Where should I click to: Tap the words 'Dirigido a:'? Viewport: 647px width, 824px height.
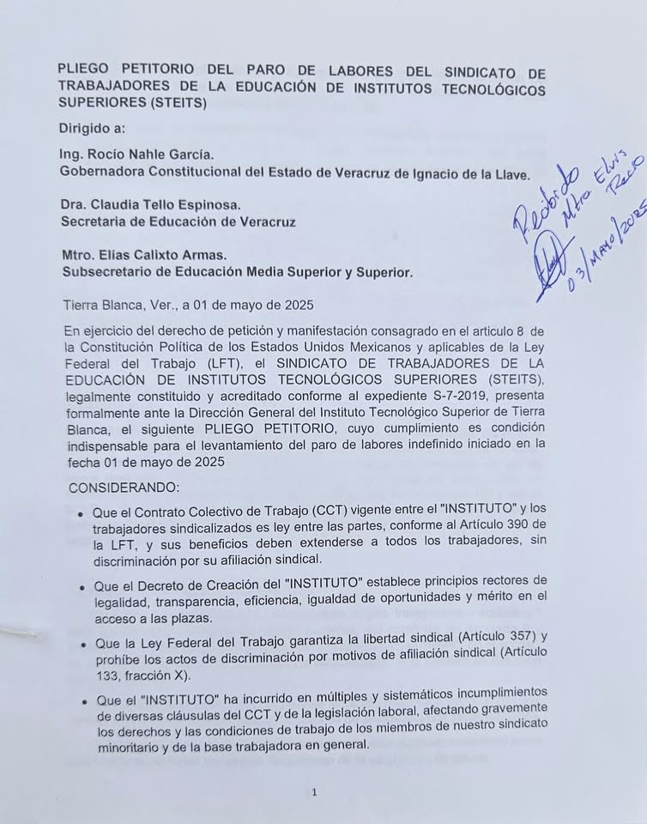pyautogui.click(x=92, y=129)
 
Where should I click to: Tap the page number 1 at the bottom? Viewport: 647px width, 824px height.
pyautogui.click(x=315, y=792)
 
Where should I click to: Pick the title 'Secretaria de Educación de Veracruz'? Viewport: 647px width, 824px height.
pyautogui.click(x=178, y=221)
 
